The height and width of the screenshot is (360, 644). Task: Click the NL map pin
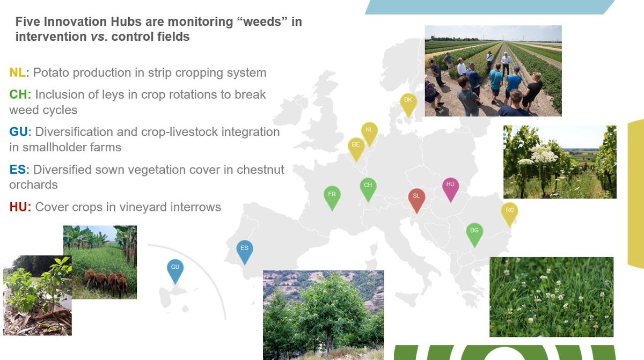pyautogui.click(x=369, y=131)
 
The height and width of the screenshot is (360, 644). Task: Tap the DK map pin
pyautogui.click(x=408, y=102)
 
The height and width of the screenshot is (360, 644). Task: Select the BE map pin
pyautogui.click(x=356, y=147)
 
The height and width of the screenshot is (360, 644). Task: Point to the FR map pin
pyautogui.click(x=332, y=196)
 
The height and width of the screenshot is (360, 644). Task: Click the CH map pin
pyautogui.click(x=368, y=187)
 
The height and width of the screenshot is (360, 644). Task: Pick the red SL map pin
pyautogui.click(x=416, y=199)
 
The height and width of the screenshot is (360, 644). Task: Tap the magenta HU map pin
pyautogui.click(x=450, y=187)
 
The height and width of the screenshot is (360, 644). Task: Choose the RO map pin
pyautogui.click(x=510, y=212)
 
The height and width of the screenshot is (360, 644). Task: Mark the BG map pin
pyautogui.click(x=474, y=232)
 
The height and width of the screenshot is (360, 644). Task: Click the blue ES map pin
pyautogui.click(x=245, y=250)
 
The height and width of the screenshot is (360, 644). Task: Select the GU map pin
pyautogui.click(x=175, y=269)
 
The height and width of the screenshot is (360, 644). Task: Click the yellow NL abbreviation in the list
pyautogui.click(x=17, y=72)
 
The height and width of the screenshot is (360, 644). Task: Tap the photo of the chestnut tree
pyautogui.click(x=323, y=314)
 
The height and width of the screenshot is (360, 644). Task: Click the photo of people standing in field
pyautogui.click(x=493, y=71)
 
